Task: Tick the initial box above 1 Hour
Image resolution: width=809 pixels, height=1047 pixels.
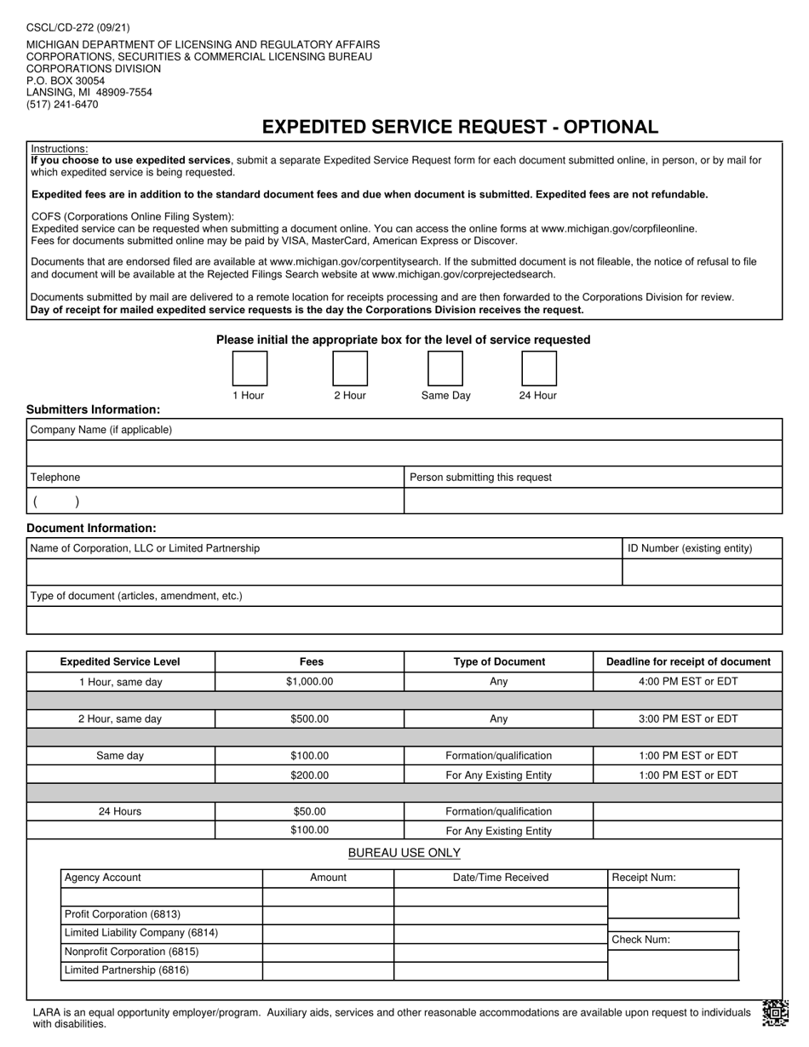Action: [x=250, y=369]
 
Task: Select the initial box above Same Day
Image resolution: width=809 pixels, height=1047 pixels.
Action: [x=445, y=369]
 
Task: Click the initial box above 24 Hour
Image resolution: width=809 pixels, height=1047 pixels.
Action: [x=538, y=369]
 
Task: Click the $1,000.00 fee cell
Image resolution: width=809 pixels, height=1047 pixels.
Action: [x=309, y=682]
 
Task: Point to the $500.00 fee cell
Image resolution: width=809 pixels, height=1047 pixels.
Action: [x=309, y=719]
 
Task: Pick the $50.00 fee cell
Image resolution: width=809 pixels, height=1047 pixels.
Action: [x=309, y=812]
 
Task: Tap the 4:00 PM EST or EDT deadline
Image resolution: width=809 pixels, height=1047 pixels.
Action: [x=687, y=682]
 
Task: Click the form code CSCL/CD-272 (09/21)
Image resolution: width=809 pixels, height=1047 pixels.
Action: [x=78, y=27]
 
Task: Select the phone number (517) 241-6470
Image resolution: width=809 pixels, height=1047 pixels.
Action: [x=62, y=105]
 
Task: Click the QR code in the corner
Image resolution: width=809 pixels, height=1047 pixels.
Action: [x=774, y=1012]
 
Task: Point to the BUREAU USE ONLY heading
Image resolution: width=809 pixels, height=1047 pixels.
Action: [x=404, y=853]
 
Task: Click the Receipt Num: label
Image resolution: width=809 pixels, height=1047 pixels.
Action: [x=644, y=878]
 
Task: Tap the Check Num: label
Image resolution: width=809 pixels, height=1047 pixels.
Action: [x=641, y=940]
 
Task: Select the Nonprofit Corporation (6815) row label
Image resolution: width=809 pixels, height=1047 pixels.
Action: [x=131, y=952]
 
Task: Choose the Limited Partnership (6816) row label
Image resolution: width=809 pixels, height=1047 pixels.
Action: [x=127, y=970]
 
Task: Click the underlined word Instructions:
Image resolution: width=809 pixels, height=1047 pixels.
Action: [x=60, y=149]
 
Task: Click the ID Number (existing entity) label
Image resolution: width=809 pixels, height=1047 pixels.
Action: [x=690, y=548]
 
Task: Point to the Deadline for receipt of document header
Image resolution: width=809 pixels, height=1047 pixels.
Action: [x=687, y=661]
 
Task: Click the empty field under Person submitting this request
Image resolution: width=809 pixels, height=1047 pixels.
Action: [x=593, y=501]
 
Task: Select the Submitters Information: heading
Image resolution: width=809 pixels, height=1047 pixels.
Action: [x=93, y=409]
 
